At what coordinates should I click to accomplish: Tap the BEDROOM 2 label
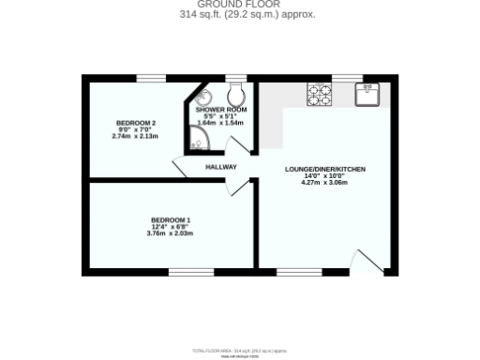(x=136, y=123)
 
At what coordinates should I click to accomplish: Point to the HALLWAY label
(x=221, y=167)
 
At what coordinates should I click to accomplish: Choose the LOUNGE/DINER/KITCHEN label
(x=324, y=169)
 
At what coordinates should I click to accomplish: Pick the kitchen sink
(x=366, y=93)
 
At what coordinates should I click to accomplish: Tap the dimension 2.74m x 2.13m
(x=136, y=136)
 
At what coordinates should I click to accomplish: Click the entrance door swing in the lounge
(x=366, y=262)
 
